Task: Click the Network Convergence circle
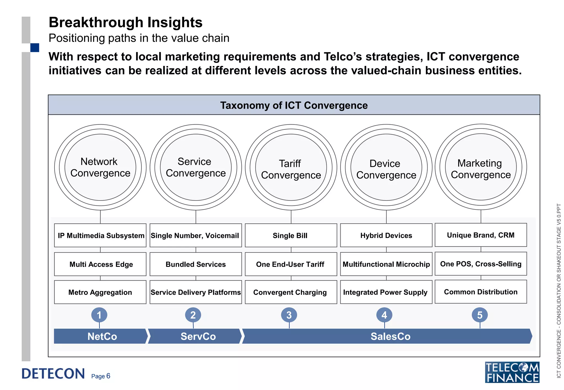(x=100, y=167)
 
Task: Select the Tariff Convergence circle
(x=291, y=167)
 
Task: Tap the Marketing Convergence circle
(x=481, y=167)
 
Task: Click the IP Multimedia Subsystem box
(x=100, y=235)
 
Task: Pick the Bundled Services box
(x=196, y=264)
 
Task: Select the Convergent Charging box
(x=291, y=292)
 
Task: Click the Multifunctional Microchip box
(x=386, y=264)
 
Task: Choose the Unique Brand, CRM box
(x=481, y=235)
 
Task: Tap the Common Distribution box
(x=481, y=292)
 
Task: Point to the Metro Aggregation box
(x=100, y=292)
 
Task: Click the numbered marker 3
(x=289, y=315)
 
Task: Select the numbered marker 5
(x=480, y=315)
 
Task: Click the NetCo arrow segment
(x=101, y=336)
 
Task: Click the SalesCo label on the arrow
(x=391, y=336)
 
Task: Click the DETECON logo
(x=53, y=373)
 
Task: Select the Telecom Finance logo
(x=512, y=372)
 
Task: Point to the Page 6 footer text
(x=101, y=376)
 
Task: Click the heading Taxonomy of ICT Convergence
(x=294, y=105)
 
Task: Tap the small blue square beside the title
(x=35, y=48)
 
